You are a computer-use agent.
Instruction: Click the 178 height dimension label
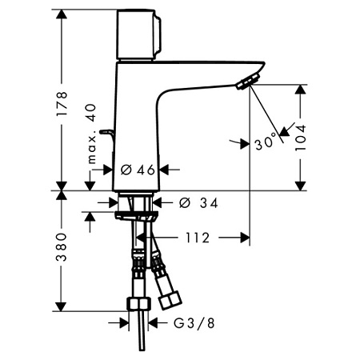tap(62, 103)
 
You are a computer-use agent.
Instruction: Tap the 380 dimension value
tap(62, 247)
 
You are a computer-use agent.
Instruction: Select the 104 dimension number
tap(301, 138)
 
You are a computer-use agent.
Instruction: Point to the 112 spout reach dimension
tap(198, 238)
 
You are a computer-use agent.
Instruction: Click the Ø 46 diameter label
tap(138, 170)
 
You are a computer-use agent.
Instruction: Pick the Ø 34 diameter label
tap(198, 203)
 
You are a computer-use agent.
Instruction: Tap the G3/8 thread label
tap(194, 323)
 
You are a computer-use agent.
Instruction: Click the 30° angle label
tap(266, 142)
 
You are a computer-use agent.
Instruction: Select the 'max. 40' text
tap(91, 134)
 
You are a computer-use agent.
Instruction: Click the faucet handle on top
tap(138, 34)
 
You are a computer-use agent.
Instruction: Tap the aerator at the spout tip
tap(248, 82)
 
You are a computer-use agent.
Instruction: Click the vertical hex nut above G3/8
tap(138, 304)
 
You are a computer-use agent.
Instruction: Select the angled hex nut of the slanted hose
tap(170, 300)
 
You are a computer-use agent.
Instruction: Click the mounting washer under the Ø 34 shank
tap(136, 216)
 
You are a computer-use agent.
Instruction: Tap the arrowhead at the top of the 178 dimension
tap(62, 14)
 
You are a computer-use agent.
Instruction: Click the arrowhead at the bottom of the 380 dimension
tap(62, 306)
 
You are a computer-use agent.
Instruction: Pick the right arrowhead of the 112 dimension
tap(245, 238)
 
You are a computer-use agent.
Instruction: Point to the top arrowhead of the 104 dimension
tap(301, 90)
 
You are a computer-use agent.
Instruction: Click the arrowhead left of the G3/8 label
tap(124, 323)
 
